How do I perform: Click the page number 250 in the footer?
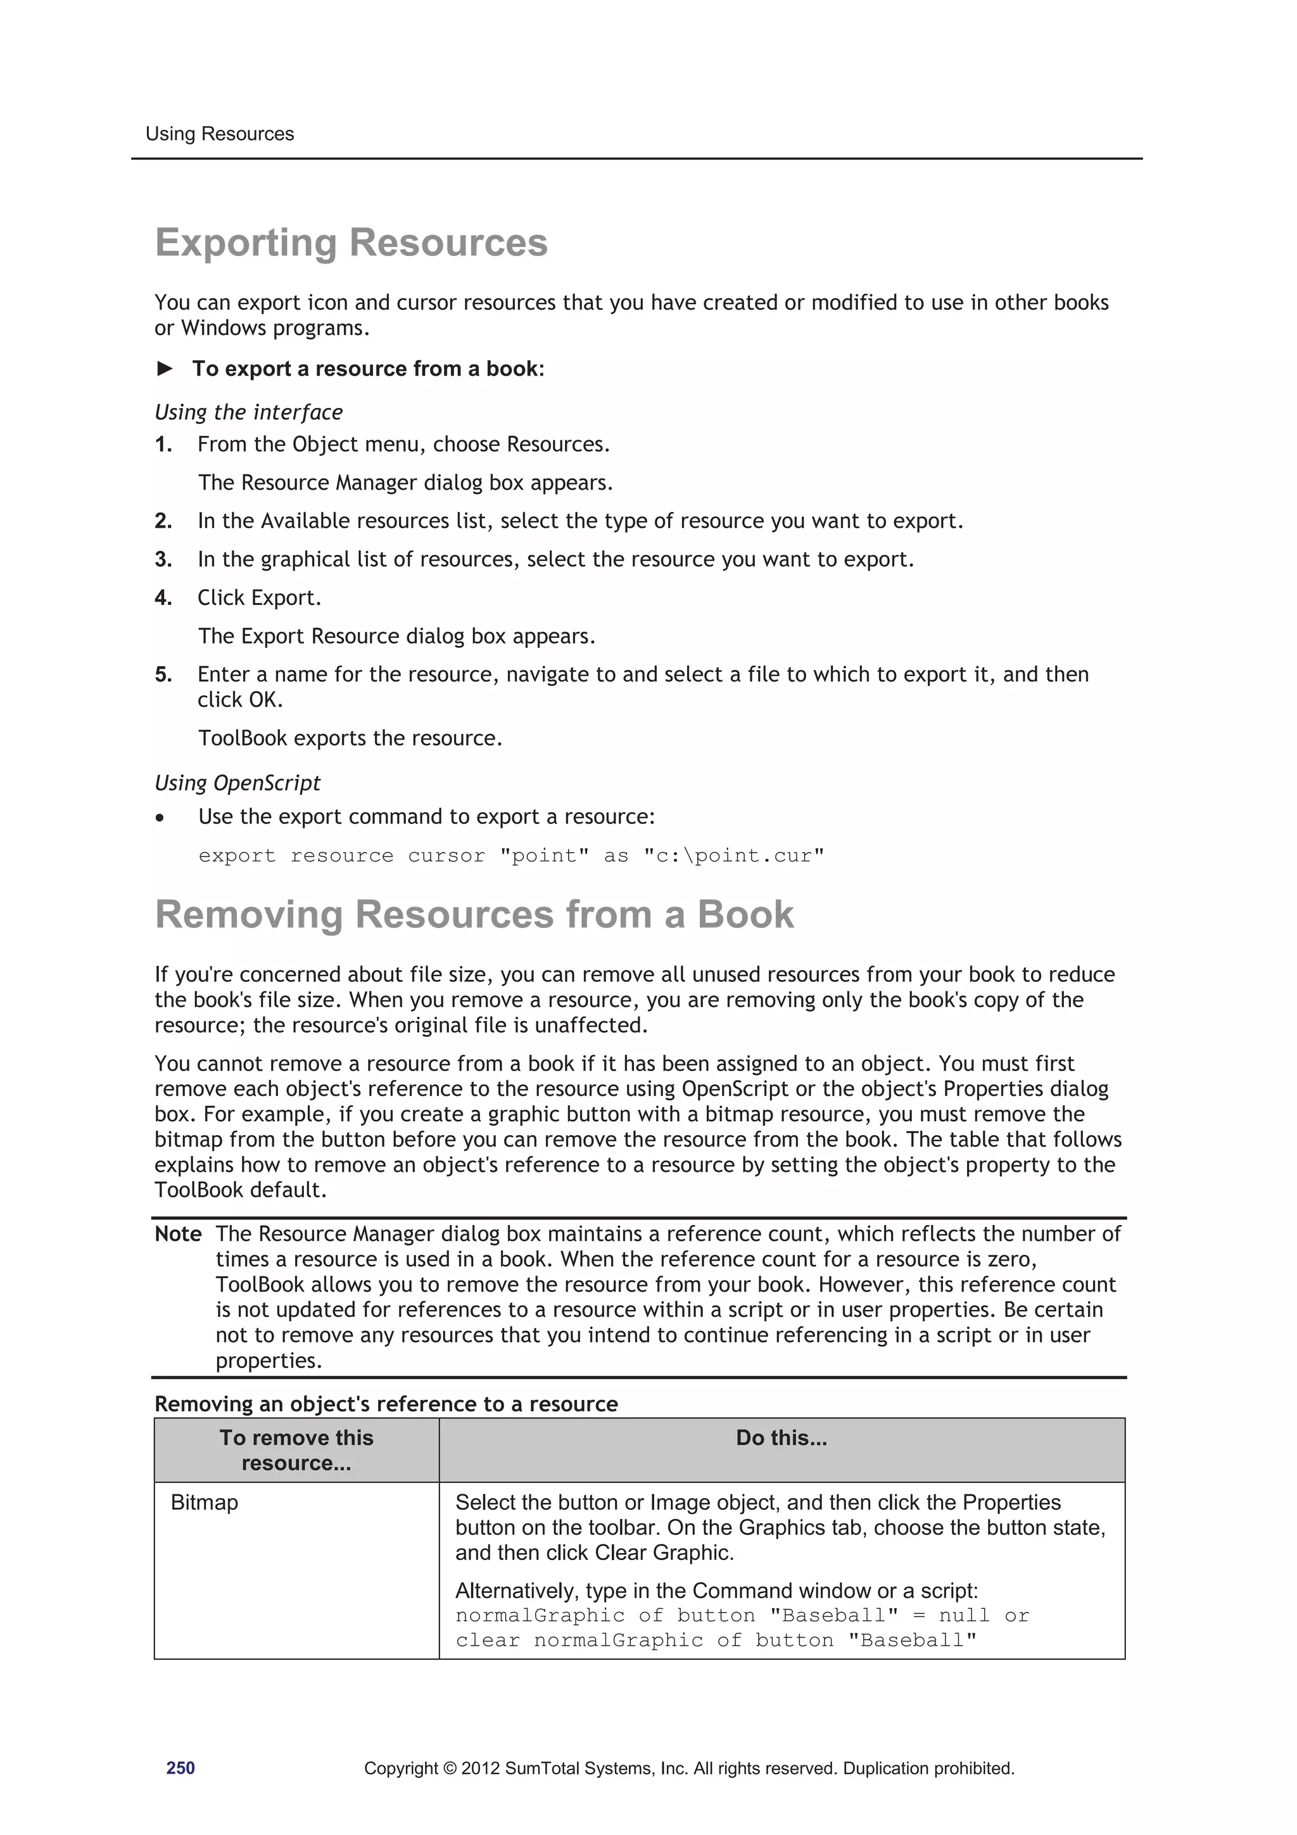[180, 1768]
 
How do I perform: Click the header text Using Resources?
[219, 134]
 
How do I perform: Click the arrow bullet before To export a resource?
[165, 369]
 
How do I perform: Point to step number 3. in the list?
[163, 559]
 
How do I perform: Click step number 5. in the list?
[163, 675]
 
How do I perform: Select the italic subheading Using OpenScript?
[237, 784]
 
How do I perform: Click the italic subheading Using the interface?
[248, 412]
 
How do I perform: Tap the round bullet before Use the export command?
[161, 818]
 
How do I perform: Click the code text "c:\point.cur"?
[733, 856]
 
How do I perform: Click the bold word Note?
[177, 1234]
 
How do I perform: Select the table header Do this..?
[781, 1438]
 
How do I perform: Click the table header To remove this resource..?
[296, 1450]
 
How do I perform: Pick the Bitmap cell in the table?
[205, 1502]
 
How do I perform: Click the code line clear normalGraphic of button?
[715, 1641]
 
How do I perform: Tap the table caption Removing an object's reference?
[386, 1404]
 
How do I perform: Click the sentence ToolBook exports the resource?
[350, 739]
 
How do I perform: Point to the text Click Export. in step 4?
[259, 598]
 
